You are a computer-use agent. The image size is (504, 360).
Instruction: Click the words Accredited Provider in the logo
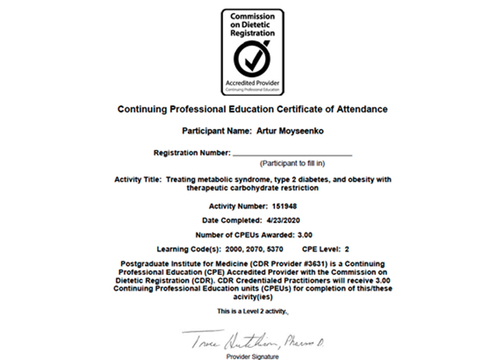point(252,83)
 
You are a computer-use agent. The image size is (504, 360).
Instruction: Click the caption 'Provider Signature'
point(252,356)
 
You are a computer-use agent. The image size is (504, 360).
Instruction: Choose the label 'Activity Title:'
point(138,179)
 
